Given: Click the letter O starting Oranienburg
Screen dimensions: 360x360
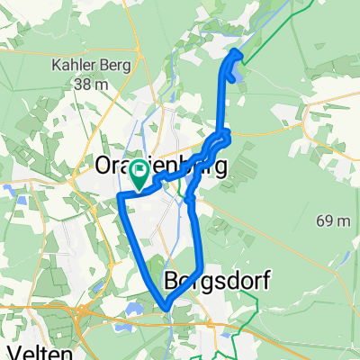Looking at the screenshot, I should pyautogui.click(x=103, y=168).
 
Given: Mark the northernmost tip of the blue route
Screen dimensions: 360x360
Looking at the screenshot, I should pyautogui.click(x=237, y=52).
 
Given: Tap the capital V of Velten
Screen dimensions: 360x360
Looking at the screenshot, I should pyautogui.click(x=13, y=350).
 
